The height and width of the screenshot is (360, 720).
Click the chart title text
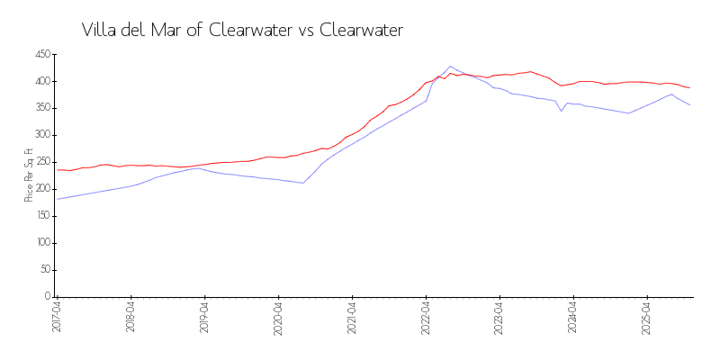click(x=242, y=30)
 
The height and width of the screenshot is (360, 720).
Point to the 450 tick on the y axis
click(x=42, y=55)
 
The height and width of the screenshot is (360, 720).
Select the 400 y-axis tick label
click(x=42, y=82)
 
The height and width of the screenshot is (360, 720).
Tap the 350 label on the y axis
click(x=42, y=109)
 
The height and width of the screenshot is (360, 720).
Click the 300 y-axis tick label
click(x=42, y=136)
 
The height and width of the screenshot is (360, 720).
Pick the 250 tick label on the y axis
click(x=42, y=163)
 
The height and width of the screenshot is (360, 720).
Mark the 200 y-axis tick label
click(x=42, y=190)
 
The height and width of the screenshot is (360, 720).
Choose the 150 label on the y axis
click(x=42, y=217)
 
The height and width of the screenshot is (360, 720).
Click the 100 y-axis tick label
click(x=42, y=244)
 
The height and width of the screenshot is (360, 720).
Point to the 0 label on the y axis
click(x=47, y=297)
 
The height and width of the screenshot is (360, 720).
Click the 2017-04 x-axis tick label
click(x=57, y=318)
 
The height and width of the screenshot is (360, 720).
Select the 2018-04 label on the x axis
click(x=130, y=318)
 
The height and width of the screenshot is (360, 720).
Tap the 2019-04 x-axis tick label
click(x=204, y=318)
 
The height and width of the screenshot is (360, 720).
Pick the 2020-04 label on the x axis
click(x=278, y=318)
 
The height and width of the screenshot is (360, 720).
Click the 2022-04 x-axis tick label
click(x=426, y=318)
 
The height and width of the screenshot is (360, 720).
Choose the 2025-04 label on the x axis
click(x=647, y=318)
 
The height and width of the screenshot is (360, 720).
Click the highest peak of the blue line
click(x=450, y=67)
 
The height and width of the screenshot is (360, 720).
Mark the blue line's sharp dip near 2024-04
click(x=561, y=111)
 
